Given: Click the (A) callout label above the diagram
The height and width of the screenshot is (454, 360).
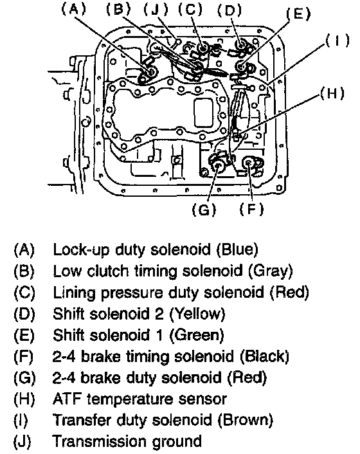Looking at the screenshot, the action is point(74,9).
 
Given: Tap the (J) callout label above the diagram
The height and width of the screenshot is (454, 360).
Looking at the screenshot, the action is point(156,10).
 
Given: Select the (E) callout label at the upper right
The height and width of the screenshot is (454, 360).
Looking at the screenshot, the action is point(298,14).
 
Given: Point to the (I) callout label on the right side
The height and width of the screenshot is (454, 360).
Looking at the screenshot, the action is point(337,41).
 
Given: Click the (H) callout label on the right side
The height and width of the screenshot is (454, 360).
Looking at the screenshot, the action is point(332,93).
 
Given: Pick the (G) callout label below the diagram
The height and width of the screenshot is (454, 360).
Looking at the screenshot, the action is point(204,210).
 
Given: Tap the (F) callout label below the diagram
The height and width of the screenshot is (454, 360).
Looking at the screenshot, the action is point(252,209).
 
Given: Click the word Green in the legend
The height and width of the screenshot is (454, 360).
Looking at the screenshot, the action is point(197,335).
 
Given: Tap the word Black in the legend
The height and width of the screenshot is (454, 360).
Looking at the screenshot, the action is point(264,356).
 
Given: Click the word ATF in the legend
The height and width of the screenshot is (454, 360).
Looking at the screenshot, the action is point(67,399).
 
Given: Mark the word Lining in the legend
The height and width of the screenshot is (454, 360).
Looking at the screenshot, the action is point(74,293).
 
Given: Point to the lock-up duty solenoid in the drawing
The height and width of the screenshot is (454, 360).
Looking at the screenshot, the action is point(150,72).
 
